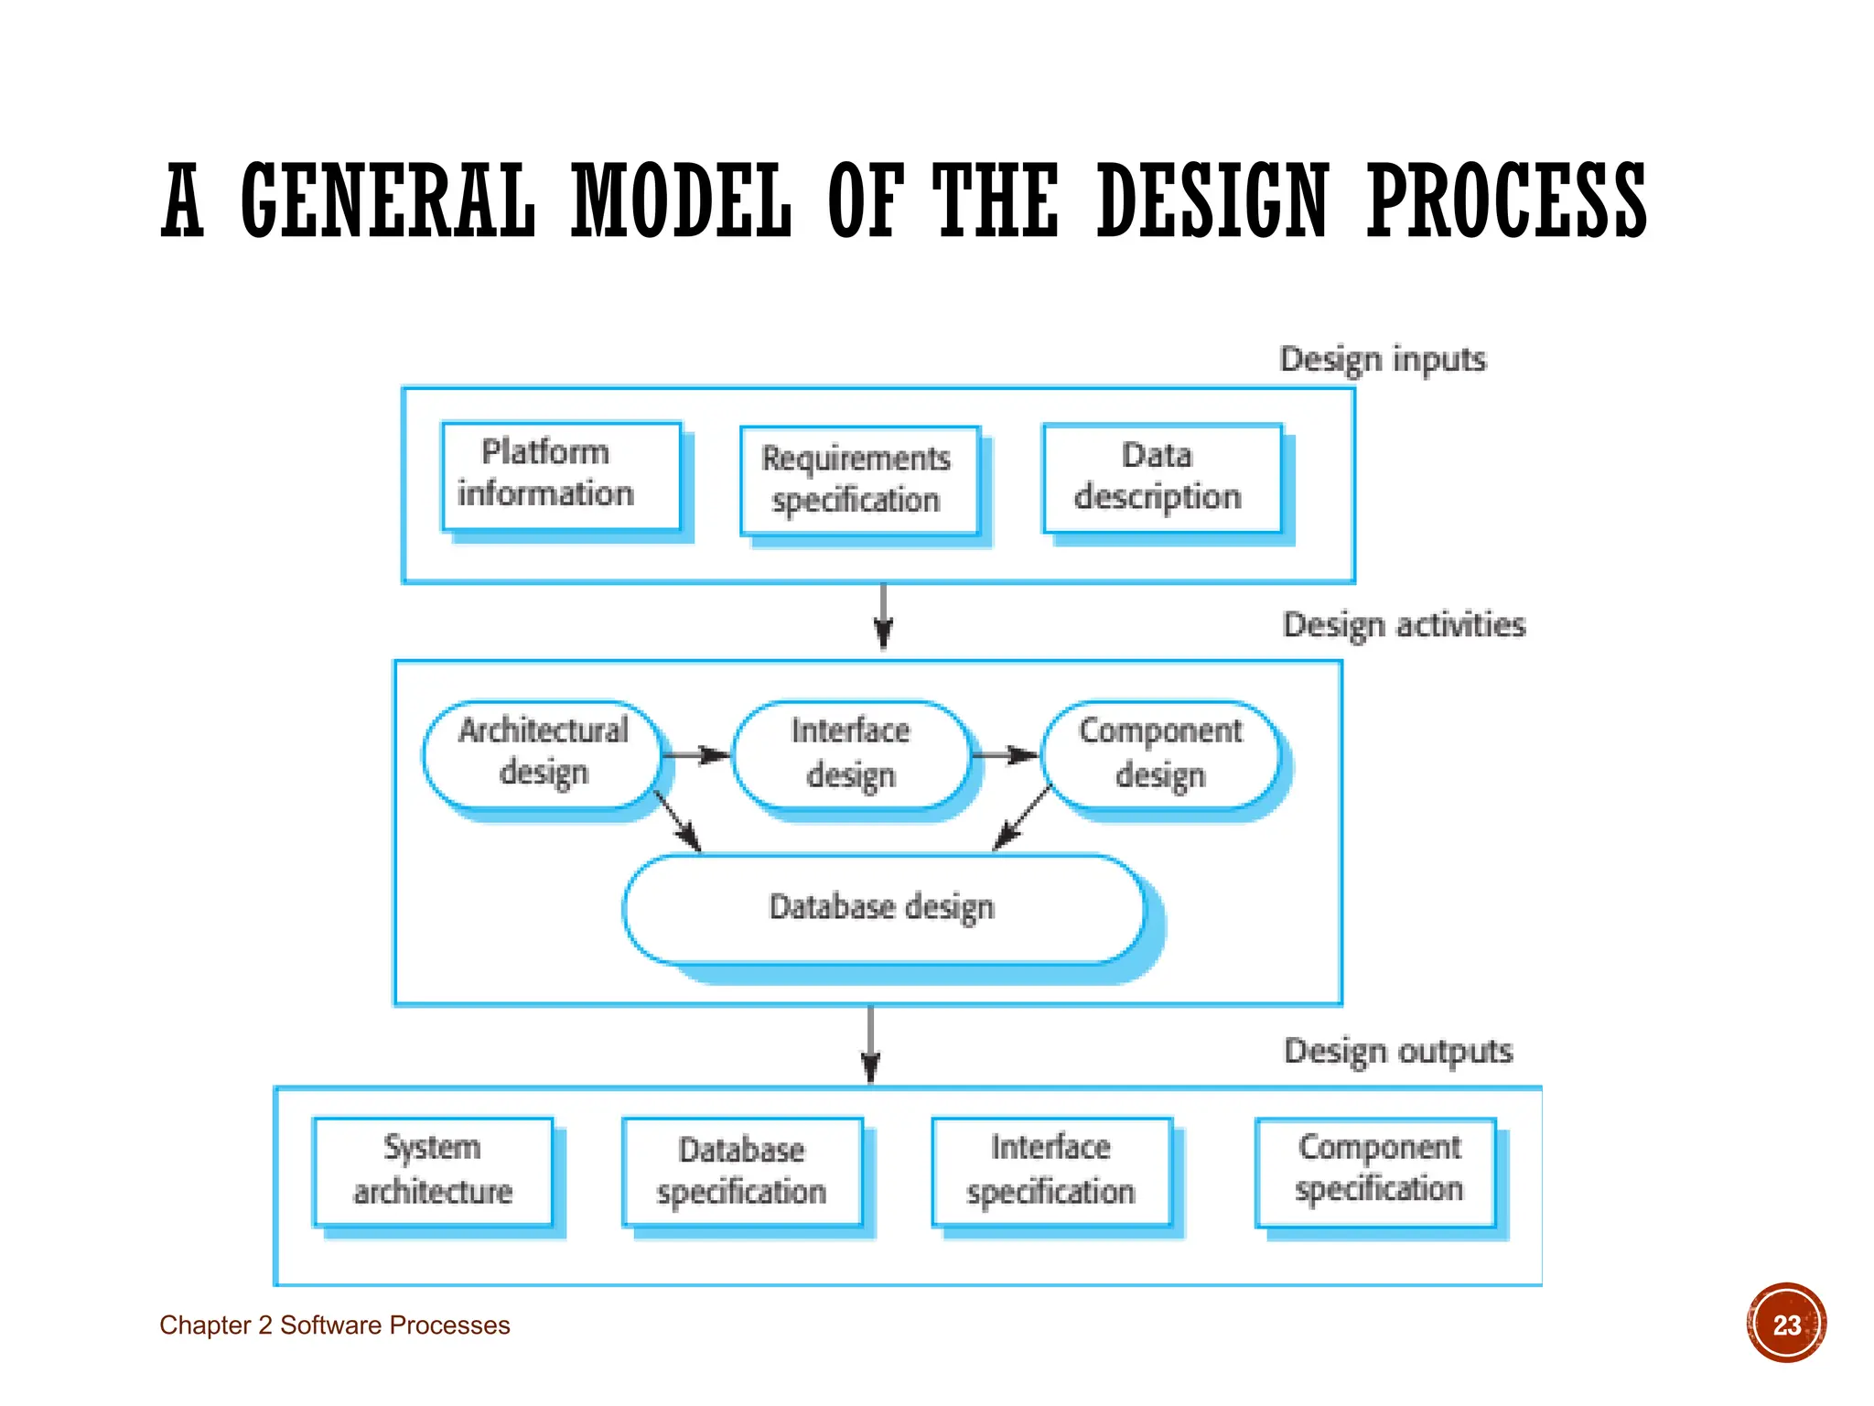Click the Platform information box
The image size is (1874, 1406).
tap(561, 475)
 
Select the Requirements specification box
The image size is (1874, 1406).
tap(859, 481)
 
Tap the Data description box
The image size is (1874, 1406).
tap(1162, 478)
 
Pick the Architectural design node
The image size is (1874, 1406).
tap(542, 754)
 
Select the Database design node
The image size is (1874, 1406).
tap(883, 909)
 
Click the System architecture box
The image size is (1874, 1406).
tap(433, 1172)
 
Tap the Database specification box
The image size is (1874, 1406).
tap(742, 1173)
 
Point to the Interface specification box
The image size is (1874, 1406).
tap(1051, 1172)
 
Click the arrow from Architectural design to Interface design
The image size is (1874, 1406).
tap(695, 755)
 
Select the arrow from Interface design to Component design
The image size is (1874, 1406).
tap(1005, 755)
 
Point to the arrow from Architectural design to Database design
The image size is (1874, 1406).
tap(678, 821)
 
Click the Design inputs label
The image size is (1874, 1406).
tap(1383, 360)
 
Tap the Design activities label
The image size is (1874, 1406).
tap(1404, 625)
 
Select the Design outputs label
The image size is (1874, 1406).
tap(1398, 1051)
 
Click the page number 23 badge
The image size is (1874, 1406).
tap(1786, 1324)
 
